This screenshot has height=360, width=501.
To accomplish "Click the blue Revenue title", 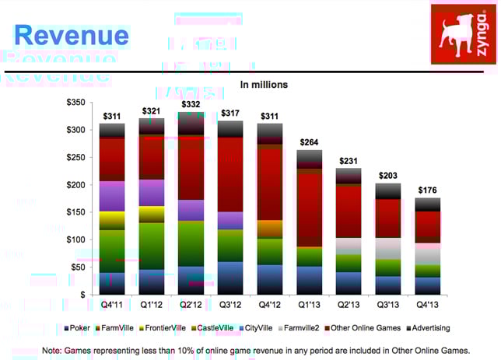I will tap(72, 35).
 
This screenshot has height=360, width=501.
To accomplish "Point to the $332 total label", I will tap(191, 104).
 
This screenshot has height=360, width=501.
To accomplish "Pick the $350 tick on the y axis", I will tap(75, 103).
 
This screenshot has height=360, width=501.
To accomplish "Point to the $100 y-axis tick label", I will tap(75, 239).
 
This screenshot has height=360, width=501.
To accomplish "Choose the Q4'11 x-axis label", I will tap(113, 306).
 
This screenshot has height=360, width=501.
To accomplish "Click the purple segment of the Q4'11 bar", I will tap(112, 196).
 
